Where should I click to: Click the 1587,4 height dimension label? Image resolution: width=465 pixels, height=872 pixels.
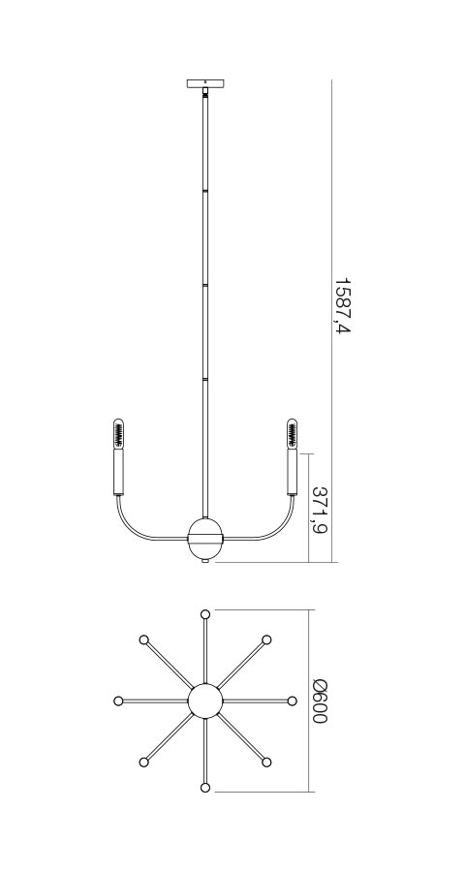tap(341, 306)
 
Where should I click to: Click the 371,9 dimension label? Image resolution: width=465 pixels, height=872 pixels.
tap(320, 510)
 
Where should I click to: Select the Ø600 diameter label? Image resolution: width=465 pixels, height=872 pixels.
tap(321, 701)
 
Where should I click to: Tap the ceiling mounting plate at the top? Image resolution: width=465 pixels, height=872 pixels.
tap(205, 83)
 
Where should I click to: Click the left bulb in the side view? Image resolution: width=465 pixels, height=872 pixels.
tap(118, 433)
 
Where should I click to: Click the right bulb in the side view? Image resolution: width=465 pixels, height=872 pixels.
tap(292, 433)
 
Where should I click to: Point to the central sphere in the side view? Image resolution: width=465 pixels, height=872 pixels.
tap(205, 538)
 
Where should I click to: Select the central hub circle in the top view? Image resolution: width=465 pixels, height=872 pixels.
tap(204, 701)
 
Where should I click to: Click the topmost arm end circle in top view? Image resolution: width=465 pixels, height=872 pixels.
tap(204, 614)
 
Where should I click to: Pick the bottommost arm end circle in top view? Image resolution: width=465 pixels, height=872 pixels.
tap(204, 788)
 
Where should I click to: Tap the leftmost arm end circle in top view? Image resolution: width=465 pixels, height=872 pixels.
tap(118, 701)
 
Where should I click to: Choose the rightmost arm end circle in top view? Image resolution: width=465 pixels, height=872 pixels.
tap(292, 701)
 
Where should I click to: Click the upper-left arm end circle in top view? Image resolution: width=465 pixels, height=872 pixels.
tap(144, 639)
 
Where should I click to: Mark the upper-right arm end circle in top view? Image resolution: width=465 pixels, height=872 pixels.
tap(266, 639)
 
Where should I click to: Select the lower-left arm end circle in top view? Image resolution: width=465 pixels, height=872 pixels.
tap(144, 763)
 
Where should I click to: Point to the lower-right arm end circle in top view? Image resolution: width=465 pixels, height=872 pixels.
tap(266, 763)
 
